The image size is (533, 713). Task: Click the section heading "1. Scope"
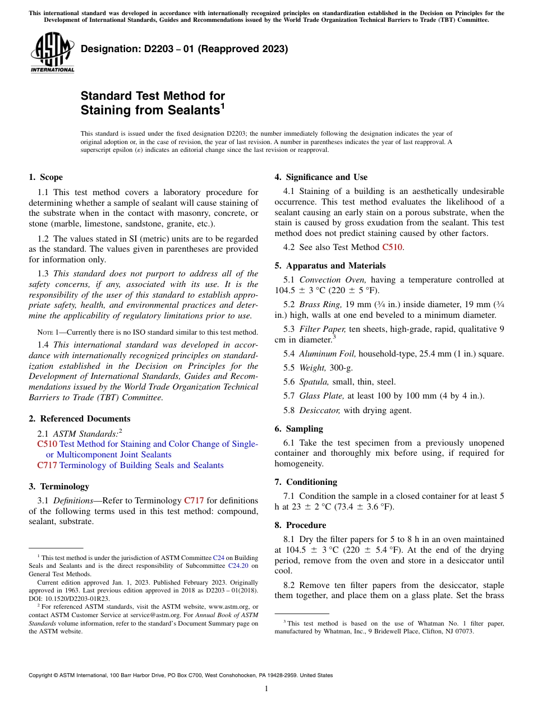tap(45, 177)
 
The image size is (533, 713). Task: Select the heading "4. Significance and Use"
tap(321, 177)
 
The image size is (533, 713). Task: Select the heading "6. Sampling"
tap(298, 429)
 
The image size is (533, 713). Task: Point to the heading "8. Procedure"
tap(300, 525)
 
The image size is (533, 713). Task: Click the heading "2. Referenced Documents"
tap(79, 419)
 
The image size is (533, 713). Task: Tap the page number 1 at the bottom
tap(266, 689)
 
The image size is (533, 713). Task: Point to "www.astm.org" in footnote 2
tap(224, 606)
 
